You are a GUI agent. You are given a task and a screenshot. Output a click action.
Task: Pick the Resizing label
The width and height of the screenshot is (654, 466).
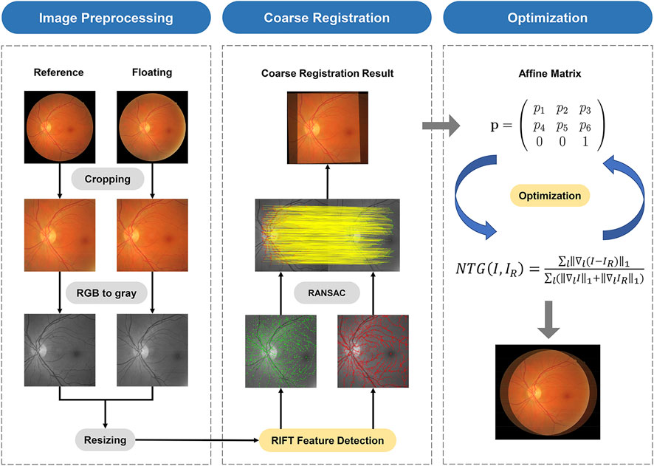coord(105,441)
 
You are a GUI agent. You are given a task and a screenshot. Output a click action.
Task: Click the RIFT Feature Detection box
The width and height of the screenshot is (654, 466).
coord(327,441)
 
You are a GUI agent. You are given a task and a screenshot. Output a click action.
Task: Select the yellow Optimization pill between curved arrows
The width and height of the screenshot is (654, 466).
coord(547,197)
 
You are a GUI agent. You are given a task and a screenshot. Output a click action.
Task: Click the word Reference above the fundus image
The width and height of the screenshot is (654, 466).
coord(59,72)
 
